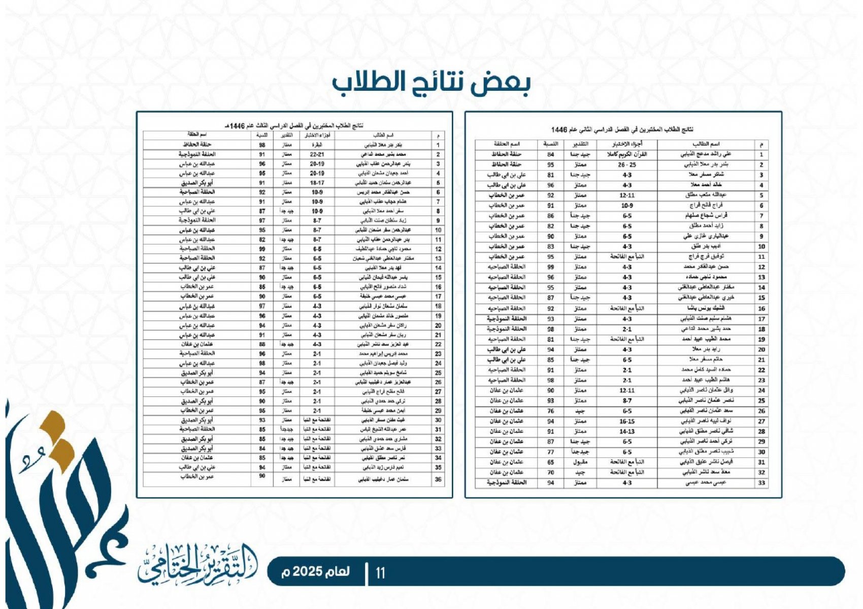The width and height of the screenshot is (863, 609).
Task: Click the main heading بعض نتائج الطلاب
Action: point(431,84)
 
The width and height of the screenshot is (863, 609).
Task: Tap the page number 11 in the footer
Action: point(380,573)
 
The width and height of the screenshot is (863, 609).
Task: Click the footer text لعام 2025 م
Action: point(316,571)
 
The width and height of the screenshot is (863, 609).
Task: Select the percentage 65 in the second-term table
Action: point(550,462)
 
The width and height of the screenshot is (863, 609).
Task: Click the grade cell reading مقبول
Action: point(580,462)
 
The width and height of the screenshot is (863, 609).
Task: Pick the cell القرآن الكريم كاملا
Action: point(627,154)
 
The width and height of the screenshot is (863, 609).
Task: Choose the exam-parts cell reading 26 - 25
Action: point(627,164)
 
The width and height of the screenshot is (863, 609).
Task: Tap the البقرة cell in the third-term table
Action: point(317,145)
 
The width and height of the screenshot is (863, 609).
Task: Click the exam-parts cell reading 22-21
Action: point(317,154)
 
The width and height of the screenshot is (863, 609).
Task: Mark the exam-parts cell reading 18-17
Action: point(317,183)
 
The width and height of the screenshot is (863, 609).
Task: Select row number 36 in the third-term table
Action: point(438,479)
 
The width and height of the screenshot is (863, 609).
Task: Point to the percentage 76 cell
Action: point(550,411)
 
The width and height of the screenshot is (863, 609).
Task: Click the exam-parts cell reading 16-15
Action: point(627,421)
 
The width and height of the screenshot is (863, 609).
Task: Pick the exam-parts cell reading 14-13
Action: point(627,431)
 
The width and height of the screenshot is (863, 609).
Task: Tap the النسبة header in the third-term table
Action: point(262,136)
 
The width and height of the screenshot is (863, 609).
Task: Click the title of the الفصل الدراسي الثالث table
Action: point(294,125)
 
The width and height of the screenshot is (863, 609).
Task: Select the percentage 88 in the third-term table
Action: point(262,344)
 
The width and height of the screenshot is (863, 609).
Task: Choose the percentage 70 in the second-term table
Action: point(550,472)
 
